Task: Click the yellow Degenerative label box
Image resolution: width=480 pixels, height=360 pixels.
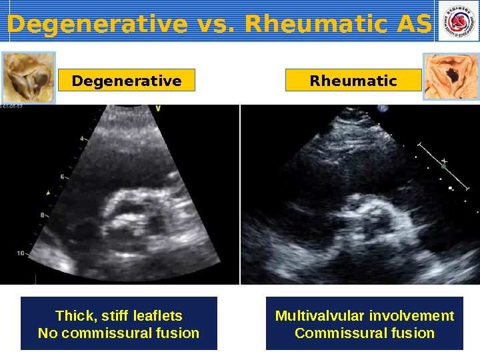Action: (x=127, y=81)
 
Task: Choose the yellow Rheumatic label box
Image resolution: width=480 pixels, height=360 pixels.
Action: (x=353, y=81)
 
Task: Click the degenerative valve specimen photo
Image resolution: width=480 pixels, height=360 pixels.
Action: (x=28, y=78)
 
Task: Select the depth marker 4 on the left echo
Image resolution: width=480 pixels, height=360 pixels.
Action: (x=82, y=139)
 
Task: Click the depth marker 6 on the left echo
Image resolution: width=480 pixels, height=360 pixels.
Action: (x=62, y=177)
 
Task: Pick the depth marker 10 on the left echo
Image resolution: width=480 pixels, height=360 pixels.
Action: (x=21, y=253)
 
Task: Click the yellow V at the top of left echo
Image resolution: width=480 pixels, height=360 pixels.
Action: (x=158, y=108)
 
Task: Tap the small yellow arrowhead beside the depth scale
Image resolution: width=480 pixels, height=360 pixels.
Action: (x=47, y=193)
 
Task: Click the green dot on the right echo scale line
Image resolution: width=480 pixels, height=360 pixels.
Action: (x=443, y=167)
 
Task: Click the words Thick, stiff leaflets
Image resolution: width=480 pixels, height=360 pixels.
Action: (x=119, y=315)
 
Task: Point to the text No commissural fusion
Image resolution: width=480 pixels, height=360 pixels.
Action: (x=119, y=333)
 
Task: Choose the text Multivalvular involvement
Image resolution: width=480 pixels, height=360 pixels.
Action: (x=364, y=315)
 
